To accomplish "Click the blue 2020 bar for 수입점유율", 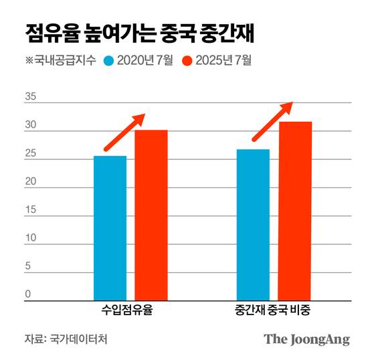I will coord(110,228).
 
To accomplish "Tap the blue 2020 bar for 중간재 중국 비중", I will coord(253,225).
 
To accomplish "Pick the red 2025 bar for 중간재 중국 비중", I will coord(295,211).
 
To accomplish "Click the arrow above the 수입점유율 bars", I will coord(124,132).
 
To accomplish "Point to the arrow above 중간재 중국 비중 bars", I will coord(272,121).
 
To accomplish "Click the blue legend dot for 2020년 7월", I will coord(109,61).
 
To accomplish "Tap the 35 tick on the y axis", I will coord(30,97).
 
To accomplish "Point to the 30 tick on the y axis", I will coord(30,125).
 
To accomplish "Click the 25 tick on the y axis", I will coord(30,154).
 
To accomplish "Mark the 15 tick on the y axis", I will coord(30,210).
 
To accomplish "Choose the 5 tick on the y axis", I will coord(28,266).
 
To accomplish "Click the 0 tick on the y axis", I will coord(28,294).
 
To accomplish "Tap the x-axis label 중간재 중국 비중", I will coord(274,311).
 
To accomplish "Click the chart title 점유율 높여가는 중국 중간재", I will coord(140,32).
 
